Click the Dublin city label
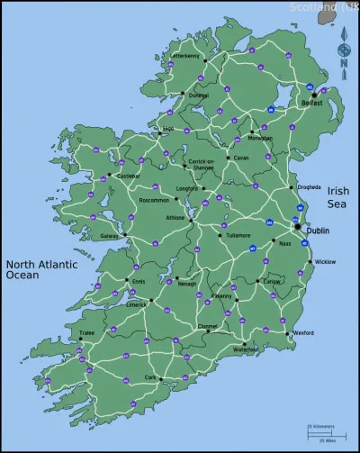tap(318, 231)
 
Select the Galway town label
tap(111, 236)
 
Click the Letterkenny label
tap(185, 56)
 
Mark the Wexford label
tap(303, 332)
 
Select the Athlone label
tap(174, 217)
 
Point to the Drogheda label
tap(309, 187)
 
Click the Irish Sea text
tap(337, 197)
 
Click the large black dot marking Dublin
tap(297, 228)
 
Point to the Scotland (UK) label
tap(324, 7)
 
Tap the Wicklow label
tap(325, 261)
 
